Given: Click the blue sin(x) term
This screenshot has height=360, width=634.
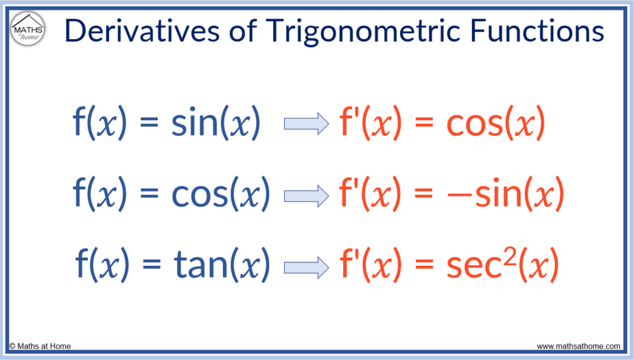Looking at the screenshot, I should tap(215, 124).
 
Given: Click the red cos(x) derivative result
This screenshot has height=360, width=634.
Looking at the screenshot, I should tap(495, 124).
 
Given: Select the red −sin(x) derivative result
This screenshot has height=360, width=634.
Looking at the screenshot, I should tap(505, 195).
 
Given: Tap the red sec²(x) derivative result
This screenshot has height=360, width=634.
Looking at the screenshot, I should tap(502, 264).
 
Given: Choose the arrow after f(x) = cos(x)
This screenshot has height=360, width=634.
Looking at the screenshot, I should tap(306, 196).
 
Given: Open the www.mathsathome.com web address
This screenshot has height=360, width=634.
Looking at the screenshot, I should tap(578, 346).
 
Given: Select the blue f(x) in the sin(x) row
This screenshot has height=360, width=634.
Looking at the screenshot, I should tap(100, 124).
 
